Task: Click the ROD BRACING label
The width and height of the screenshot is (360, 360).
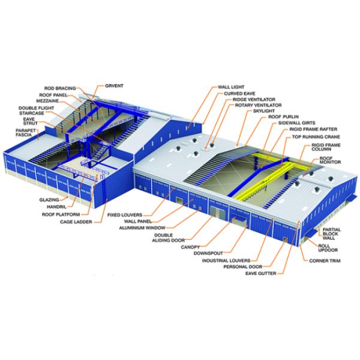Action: (x=60, y=88)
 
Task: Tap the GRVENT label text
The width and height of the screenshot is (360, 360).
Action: (x=114, y=86)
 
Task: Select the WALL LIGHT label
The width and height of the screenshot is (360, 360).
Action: (x=231, y=87)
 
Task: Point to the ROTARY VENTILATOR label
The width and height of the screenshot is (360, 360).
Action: (x=258, y=105)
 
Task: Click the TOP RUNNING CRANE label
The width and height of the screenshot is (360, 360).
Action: (x=316, y=137)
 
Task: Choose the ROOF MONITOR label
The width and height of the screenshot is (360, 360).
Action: (x=330, y=160)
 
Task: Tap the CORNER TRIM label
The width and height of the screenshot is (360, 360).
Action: (x=325, y=261)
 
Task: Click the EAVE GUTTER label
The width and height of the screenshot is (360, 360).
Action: (x=261, y=273)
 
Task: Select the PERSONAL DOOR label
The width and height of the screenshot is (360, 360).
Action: (x=243, y=266)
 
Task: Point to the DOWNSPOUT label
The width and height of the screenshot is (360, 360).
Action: (x=208, y=253)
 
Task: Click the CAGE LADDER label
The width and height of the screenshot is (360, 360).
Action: (x=76, y=222)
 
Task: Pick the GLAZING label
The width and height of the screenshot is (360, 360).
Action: (x=49, y=200)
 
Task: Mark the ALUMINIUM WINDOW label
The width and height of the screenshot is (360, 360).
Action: (x=142, y=228)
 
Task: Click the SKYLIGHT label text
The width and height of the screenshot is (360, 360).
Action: (x=264, y=111)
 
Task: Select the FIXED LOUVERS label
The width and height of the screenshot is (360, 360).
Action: (x=125, y=215)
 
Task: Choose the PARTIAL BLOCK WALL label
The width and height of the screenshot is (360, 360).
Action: (x=332, y=234)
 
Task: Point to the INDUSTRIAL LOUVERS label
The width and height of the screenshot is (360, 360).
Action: (x=226, y=260)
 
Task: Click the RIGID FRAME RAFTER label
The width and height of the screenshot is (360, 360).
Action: (x=313, y=129)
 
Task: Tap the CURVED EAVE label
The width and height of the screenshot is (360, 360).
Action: (x=239, y=94)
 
